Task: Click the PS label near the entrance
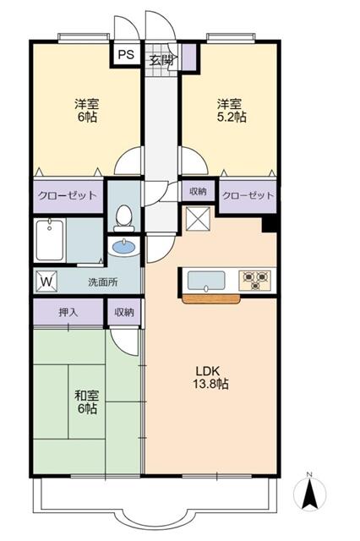[126, 56]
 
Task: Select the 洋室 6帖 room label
[85, 111]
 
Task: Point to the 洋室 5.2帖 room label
[229, 111]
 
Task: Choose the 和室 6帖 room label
[85, 402]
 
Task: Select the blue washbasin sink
[124, 247]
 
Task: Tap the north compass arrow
[309, 493]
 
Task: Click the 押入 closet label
[68, 312]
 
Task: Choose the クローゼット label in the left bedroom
[67, 195]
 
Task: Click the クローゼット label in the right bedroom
[248, 195]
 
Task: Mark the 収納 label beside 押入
[124, 312]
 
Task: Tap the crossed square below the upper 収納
[197, 218]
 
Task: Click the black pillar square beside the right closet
[270, 225]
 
